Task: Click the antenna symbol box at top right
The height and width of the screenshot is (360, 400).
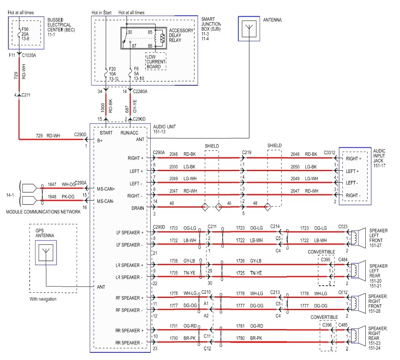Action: click(249, 28)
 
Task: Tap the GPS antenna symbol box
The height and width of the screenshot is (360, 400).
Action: click(45, 252)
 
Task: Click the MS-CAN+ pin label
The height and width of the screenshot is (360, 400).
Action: click(106, 189)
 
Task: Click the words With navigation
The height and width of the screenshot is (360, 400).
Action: click(43, 299)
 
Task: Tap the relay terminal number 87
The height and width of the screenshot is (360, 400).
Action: click(134, 45)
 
